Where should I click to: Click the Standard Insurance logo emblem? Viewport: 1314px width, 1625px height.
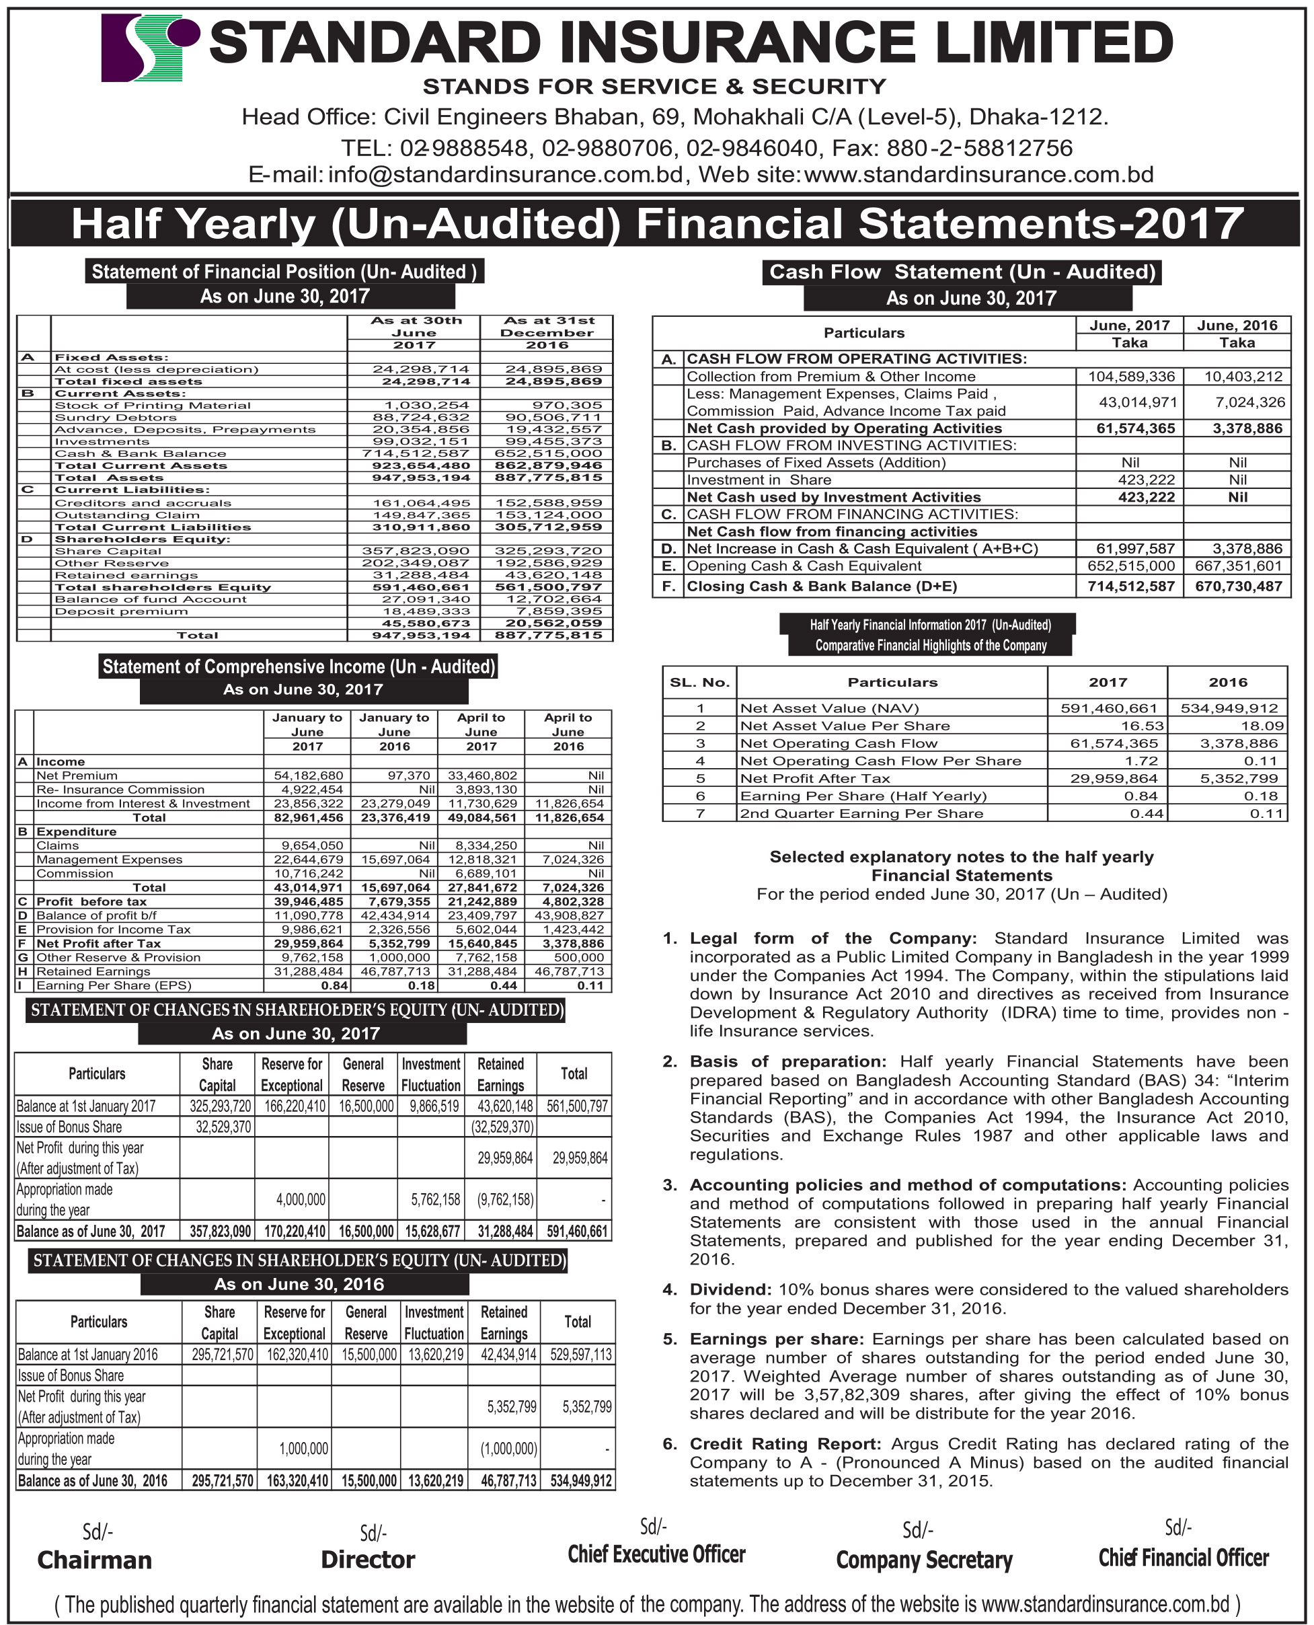tap(149, 48)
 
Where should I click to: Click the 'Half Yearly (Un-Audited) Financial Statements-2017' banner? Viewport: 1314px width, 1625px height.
tap(656, 223)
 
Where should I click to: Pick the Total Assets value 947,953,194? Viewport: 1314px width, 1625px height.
tap(421, 478)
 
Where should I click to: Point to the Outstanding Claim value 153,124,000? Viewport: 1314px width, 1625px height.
tap(549, 515)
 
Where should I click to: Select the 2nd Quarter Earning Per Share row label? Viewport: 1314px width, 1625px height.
tap(861, 814)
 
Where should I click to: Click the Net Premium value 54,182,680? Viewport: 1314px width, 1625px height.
tap(308, 776)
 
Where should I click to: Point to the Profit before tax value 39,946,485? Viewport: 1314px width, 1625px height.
tap(308, 901)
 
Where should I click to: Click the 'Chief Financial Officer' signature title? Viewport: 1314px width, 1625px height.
tap(1183, 1558)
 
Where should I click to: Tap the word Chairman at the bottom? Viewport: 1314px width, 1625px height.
tap(95, 1560)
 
